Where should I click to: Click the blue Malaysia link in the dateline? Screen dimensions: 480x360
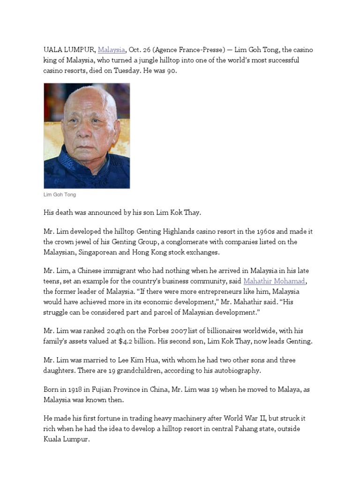(x=112, y=50)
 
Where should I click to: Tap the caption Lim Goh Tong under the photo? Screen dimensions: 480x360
(x=60, y=195)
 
